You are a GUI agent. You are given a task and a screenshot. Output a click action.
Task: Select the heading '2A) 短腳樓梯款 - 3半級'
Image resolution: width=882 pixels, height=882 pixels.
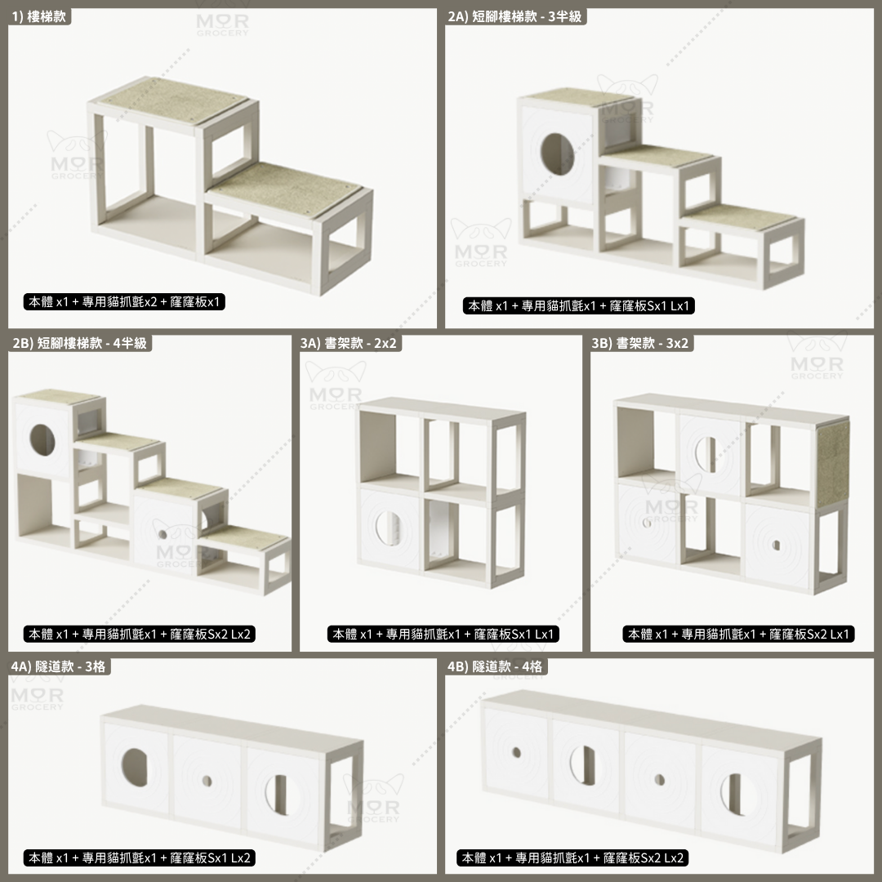point(515,16)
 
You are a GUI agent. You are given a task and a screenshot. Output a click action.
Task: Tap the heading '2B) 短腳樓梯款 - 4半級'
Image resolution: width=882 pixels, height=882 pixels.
point(80,344)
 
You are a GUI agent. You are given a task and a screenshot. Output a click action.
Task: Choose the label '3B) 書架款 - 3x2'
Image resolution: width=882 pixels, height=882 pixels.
point(642,344)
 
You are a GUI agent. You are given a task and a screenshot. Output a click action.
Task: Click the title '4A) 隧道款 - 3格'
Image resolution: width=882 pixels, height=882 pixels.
point(59,667)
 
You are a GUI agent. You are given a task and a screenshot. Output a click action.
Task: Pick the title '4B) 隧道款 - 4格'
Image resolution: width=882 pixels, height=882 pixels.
point(495,667)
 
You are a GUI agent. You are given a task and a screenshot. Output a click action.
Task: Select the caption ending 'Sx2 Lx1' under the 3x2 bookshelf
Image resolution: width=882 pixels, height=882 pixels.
point(739,635)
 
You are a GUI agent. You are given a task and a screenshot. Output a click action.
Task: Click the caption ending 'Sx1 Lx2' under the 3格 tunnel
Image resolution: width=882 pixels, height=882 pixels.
point(139,858)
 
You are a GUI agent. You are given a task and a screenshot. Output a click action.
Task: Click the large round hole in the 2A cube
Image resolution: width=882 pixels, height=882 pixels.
point(557,152)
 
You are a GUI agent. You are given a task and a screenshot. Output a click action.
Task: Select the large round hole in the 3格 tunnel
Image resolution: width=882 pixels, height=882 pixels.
point(136,766)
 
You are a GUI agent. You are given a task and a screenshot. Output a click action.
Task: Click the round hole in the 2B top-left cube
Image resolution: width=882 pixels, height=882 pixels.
point(42,440)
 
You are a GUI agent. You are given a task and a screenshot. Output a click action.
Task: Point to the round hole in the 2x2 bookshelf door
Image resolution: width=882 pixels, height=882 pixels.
point(387,527)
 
